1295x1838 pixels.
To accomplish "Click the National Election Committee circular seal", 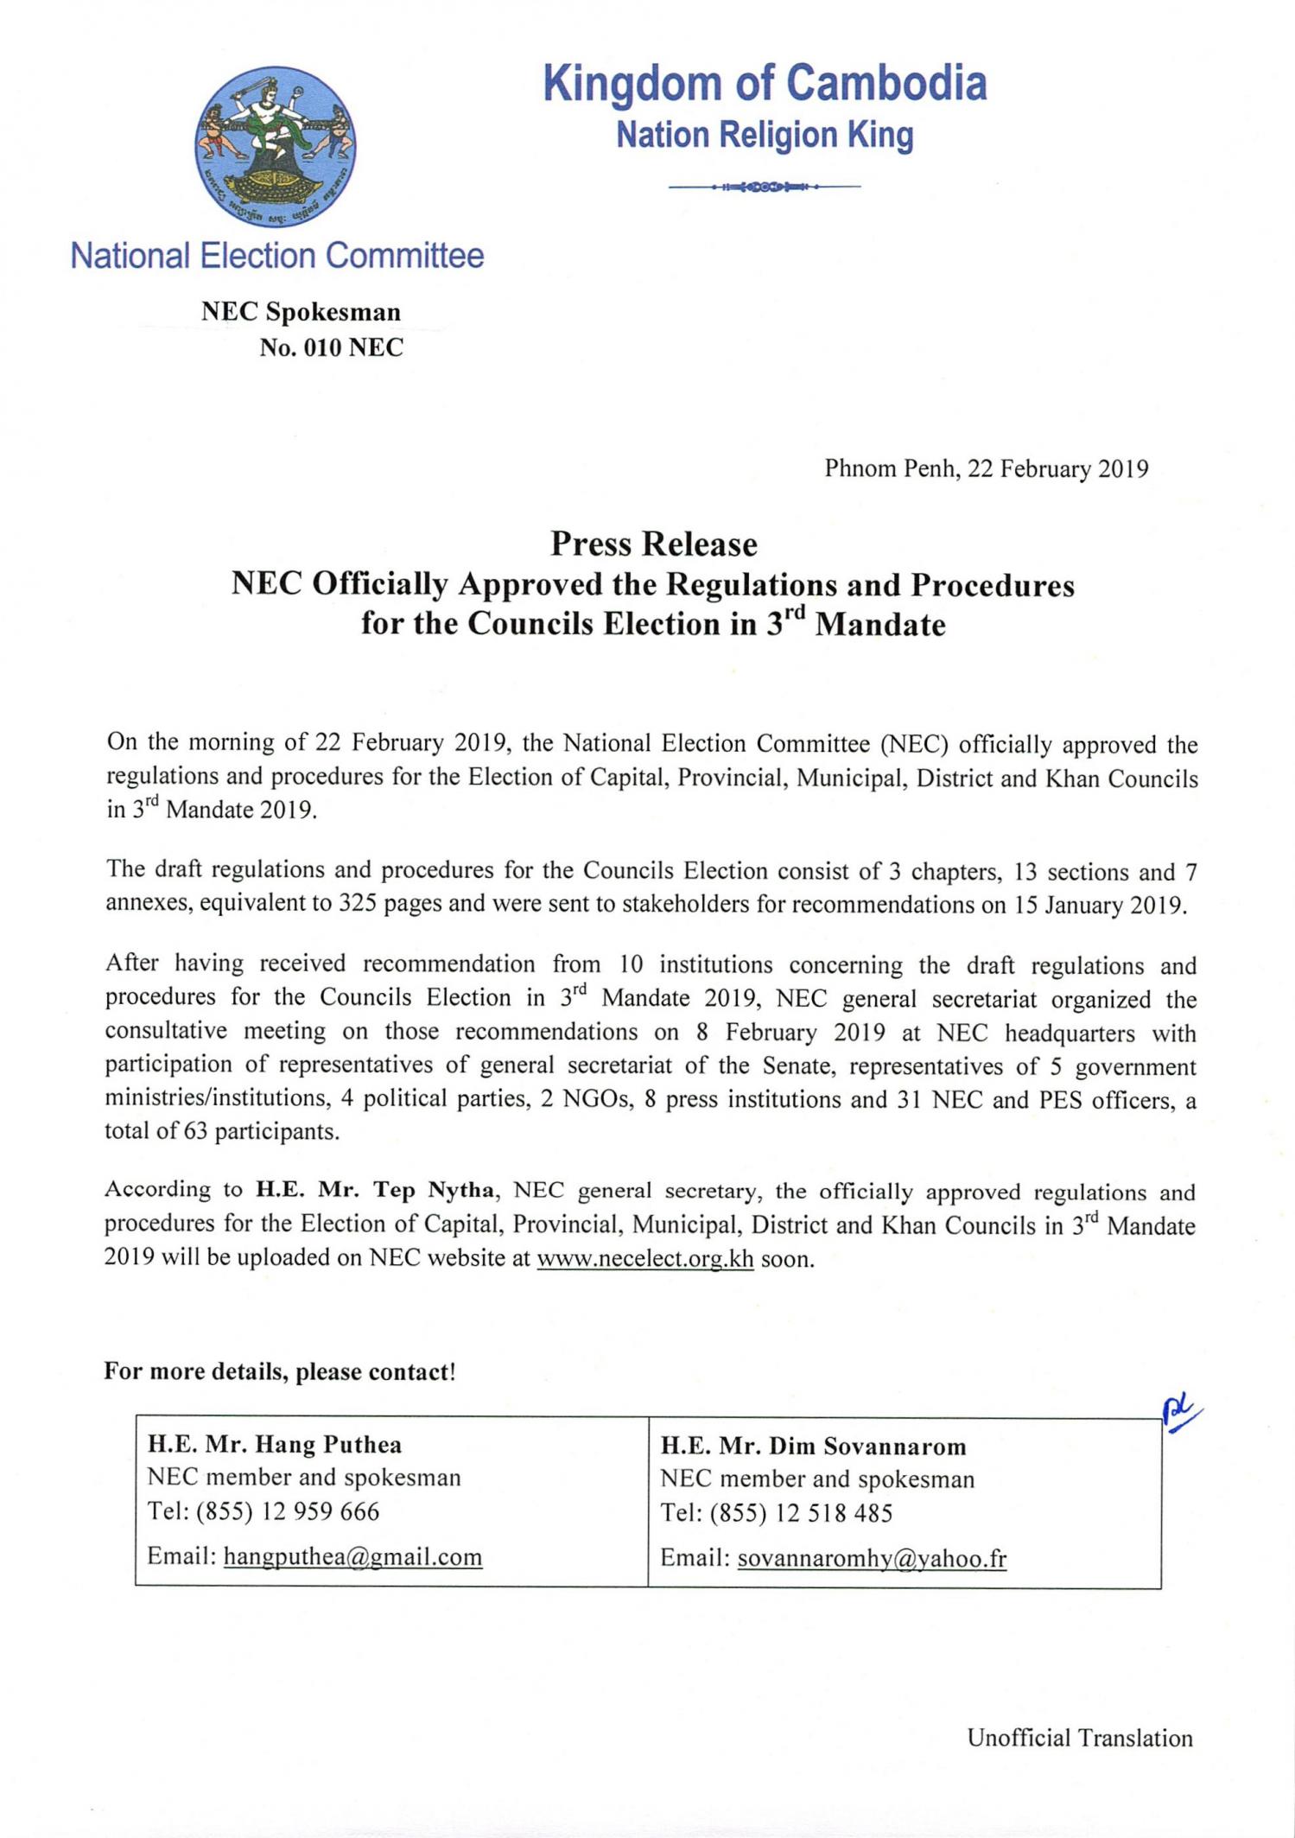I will click(x=276, y=146).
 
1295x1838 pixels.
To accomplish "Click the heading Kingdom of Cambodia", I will click(x=765, y=85).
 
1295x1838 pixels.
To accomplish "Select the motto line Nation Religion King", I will click(x=765, y=136).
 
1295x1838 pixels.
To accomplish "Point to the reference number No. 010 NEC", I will click(x=332, y=347).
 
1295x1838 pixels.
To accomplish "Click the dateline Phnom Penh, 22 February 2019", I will click(x=986, y=469).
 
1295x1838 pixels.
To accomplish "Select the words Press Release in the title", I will click(x=654, y=544).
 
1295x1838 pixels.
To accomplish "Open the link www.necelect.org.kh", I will click(x=645, y=1258).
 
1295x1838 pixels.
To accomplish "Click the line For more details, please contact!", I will click(x=279, y=1372).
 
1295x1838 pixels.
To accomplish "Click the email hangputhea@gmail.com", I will click(x=352, y=1557).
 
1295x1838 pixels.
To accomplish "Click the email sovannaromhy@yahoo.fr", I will click(x=872, y=1559).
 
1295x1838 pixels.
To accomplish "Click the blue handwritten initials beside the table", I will click(x=1180, y=1415).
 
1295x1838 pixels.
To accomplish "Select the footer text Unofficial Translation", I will click(x=1079, y=1738).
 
